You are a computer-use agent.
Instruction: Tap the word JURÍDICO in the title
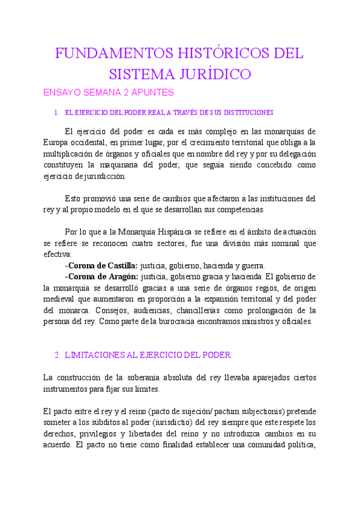click(x=210, y=74)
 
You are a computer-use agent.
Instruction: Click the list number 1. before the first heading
click(x=56, y=112)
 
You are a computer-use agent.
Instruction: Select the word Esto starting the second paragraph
click(x=72, y=199)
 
